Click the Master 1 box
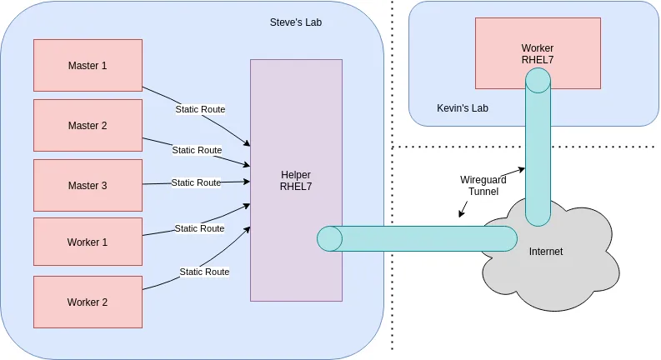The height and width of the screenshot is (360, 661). [88, 65]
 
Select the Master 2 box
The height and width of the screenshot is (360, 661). [88, 126]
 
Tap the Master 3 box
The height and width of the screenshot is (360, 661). [88, 186]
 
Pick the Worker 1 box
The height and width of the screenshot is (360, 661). [88, 242]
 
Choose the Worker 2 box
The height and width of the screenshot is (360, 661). [88, 302]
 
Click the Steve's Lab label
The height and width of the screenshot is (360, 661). [296, 22]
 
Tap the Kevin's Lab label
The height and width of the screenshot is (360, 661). [463, 108]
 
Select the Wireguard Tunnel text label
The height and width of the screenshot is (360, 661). [479, 185]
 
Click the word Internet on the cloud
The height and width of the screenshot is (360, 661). [546, 252]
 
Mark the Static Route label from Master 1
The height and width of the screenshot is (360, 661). [200, 109]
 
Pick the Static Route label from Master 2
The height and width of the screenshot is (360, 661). [197, 150]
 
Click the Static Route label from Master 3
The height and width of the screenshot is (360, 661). [196, 182]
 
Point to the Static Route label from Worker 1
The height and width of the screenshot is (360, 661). [199, 228]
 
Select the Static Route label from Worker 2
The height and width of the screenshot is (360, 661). [204, 272]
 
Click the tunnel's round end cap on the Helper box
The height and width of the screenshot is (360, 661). [329, 238]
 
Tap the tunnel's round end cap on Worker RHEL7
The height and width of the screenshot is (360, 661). [538, 80]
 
